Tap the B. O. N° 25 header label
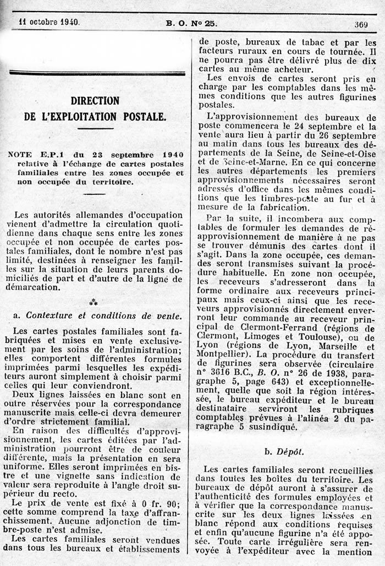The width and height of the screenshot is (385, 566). point(192,23)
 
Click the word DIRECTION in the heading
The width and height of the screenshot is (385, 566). point(95,101)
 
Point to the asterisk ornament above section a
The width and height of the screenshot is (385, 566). point(94,302)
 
